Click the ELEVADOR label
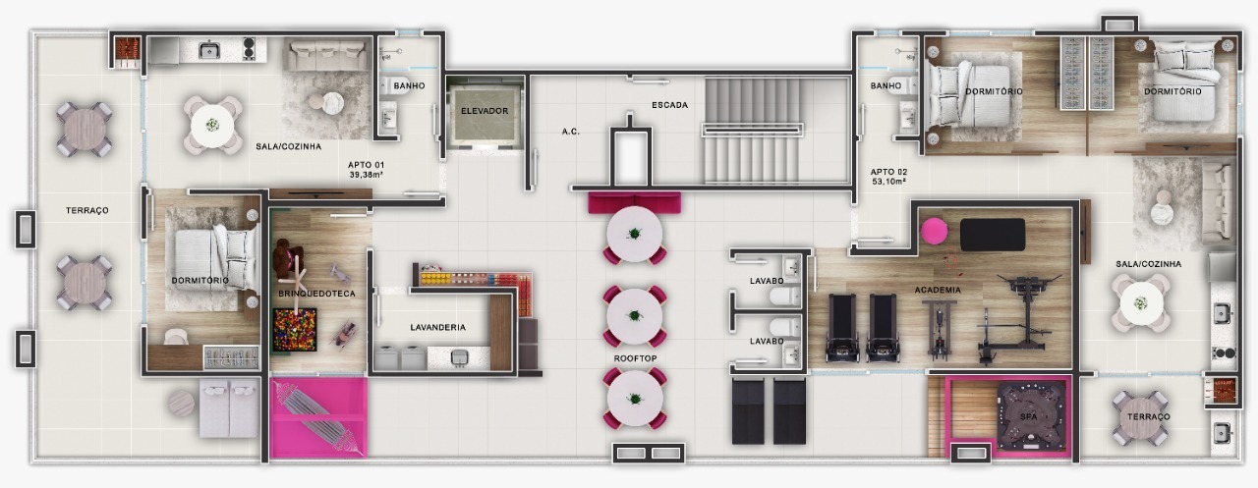point(485,111)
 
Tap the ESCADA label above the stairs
point(669,105)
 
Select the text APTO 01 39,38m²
point(366,170)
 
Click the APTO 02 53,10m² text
point(888,176)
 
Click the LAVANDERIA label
point(437,327)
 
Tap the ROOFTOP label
point(635,358)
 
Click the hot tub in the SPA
point(1029,415)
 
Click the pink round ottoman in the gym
point(934,233)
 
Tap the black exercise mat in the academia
point(992,235)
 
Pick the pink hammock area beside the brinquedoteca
point(317,417)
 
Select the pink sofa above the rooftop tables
point(634,202)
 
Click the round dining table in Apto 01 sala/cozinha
point(212,125)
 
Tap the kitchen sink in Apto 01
point(208,50)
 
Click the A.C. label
point(570,131)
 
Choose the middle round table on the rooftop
point(634,314)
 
